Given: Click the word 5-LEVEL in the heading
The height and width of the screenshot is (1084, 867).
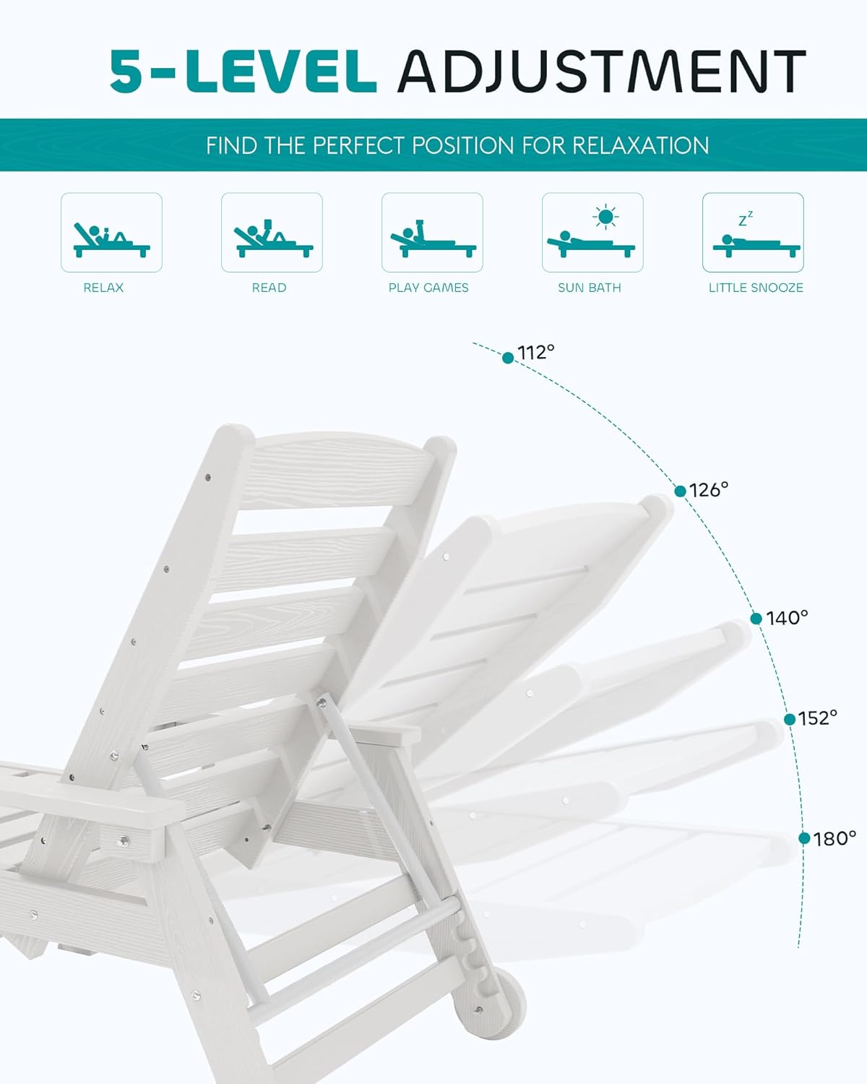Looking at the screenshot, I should pyautogui.click(x=243, y=72).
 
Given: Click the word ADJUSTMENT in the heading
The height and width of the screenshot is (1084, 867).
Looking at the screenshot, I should pyautogui.click(x=601, y=72).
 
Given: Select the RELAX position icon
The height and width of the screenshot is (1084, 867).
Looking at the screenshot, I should pyautogui.click(x=111, y=233).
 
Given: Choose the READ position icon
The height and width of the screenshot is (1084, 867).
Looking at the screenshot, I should pyautogui.click(x=272, y=233).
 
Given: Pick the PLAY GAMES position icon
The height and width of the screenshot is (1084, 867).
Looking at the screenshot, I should pyautogui.click(x=432, y=233).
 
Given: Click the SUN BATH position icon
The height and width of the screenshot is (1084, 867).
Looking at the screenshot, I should pyautogui.click(x=592, y=233).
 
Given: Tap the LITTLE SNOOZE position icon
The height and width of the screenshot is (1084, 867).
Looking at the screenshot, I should pyautogui.click(x=753, y=233).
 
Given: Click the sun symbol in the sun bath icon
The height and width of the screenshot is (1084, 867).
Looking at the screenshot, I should pyautogui.click(x=605, y=216).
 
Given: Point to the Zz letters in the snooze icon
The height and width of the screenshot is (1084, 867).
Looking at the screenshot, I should pyautogui.click(x=746, y=218).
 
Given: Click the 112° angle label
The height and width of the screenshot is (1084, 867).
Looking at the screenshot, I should pyautogui.click(x=536, y=352).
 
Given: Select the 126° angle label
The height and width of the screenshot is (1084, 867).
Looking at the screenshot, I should pyautogui.click(x=709, y=490).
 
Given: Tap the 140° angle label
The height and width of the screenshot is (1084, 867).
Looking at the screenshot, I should pyautogui.click(x=787, y=618).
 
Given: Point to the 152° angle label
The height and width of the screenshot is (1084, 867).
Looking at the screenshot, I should pyautogui.click(x=818, y=717).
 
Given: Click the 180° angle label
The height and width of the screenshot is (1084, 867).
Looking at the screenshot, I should pyautogui.click(x=834, y=838).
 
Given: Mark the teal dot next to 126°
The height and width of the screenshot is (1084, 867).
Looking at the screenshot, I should pyautogui.click(x=680, y=491).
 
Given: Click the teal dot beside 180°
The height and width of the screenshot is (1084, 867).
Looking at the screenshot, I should pyautogui.click(x=804, y=838).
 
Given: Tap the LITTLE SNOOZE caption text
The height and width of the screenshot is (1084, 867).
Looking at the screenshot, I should pyautogui.click(x=756, y=288).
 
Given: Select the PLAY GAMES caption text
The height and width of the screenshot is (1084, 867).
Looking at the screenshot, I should pyautogui.click(x=428, y=288).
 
